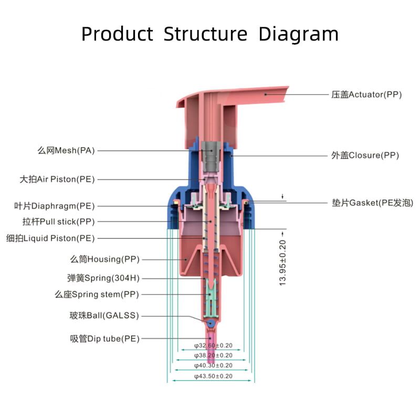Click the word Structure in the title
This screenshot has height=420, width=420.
[x=205, y=34]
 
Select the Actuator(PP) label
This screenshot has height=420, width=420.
[x=366, y=95]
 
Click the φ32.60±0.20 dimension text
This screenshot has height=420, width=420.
[x=213, y=346]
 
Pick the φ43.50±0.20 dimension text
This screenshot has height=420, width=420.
[x=213, y=376]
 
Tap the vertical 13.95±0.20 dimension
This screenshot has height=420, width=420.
[x=283, y=262]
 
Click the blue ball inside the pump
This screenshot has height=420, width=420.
[x=211, y=323]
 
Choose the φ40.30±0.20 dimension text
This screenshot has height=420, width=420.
[x=213, y=366]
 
